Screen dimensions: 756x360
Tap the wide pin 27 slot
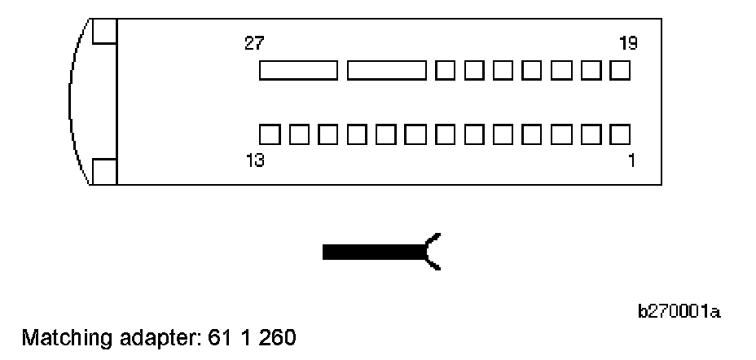tap(298, 71)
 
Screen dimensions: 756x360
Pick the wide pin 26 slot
tap(386, 71)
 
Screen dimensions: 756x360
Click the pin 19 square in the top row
tap(620, 71)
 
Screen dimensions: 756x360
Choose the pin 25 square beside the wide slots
tap(445, 71)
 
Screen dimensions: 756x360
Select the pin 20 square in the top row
tap(591, 71)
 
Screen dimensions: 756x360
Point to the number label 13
tap(254, 161)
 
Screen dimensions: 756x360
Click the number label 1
tap(631, 161)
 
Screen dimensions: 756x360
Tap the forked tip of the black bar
tap(433, 251)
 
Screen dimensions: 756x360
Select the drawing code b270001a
tap(679, 312)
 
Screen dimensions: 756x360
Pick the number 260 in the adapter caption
tap(277, 336)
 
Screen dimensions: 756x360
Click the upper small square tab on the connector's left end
tap(103, 31)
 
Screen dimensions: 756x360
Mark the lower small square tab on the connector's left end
tap(103, 172)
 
